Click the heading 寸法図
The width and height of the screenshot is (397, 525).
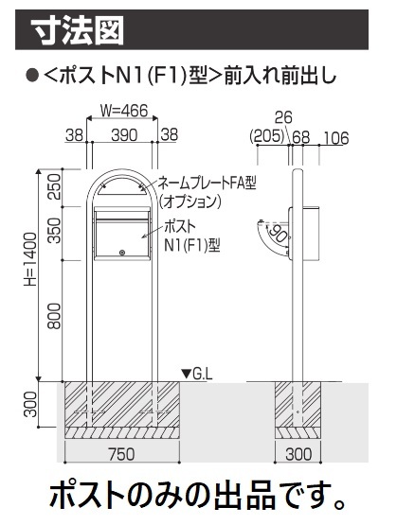78,31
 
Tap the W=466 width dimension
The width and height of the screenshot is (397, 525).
124,111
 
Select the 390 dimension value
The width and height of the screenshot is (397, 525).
124,135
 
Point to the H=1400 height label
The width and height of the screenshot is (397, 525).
30,259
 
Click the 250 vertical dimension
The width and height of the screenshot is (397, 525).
54,187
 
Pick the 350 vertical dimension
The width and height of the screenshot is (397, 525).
54,231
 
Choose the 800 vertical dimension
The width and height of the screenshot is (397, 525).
54,316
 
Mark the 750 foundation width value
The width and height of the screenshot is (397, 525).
121,454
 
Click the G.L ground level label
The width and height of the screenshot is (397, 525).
203,374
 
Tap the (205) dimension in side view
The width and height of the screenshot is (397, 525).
267,136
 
